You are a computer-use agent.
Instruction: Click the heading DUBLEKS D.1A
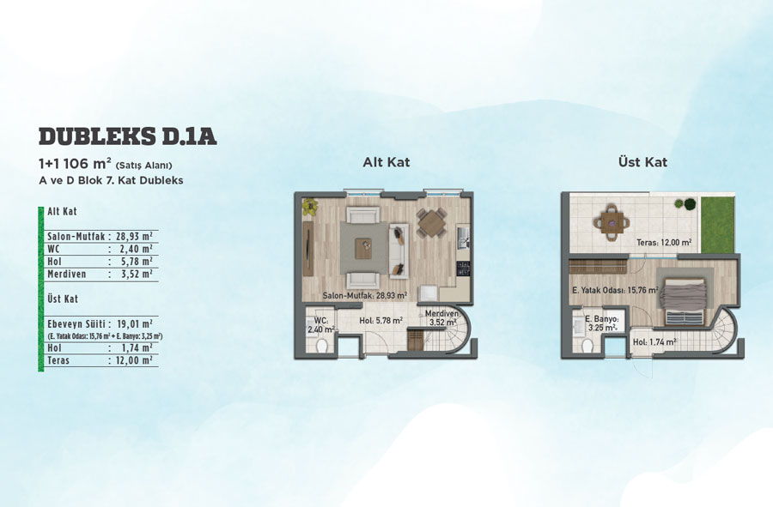pyautogui.click(x=128, y=136)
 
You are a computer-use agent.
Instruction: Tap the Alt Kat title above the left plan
pyautogui.click(x=386, y=162)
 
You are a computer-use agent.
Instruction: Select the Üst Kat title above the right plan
pyautogui.click(x=642, y=162)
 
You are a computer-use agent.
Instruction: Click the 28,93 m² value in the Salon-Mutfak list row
pyautogui.click(x=134, y=236)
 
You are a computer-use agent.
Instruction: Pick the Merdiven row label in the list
pyautogui.click(x=66, y=275)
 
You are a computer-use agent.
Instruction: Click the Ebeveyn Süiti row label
pyautogui.click(x=76, y=324)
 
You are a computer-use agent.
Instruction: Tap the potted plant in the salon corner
pyautogui.click(x=310, y=206)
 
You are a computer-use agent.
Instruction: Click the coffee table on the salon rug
pyautogui.click(x=364, y=245)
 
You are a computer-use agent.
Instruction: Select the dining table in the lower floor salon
pyautogui.click(x=432, y=222)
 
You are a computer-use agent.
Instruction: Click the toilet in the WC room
pyautogui.click(x=323, y=345)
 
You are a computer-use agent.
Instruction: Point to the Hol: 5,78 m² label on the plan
pyautogui.click(x=381, y=321)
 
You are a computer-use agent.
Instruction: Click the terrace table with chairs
pyautogui.click(x=612, y=223)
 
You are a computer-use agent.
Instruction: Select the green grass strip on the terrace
pyautogui.click(x=718, y=225)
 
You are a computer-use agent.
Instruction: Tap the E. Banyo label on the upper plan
pyautogui.click(x=601, y=323)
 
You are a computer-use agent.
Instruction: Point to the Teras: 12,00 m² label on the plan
pyautogui.click(x=664, y=243)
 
